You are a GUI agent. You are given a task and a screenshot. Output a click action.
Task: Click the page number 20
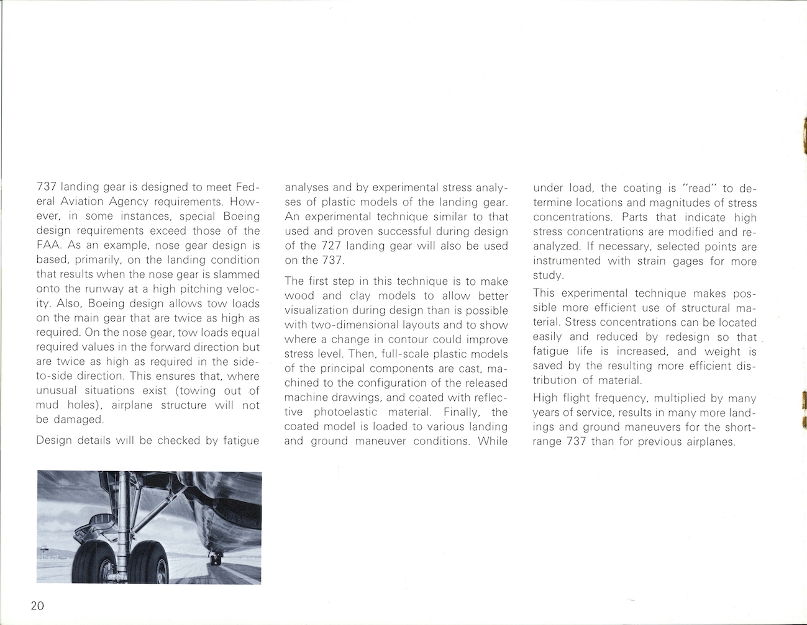coord(37,606)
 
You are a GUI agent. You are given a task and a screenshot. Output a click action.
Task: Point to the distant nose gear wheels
coord(216,559)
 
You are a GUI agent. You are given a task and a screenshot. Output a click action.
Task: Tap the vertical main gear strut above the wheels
coord(127,509)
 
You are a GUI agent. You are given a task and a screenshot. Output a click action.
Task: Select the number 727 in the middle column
coord(329,246)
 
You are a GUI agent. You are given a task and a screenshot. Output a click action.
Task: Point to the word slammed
coord(236,274)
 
